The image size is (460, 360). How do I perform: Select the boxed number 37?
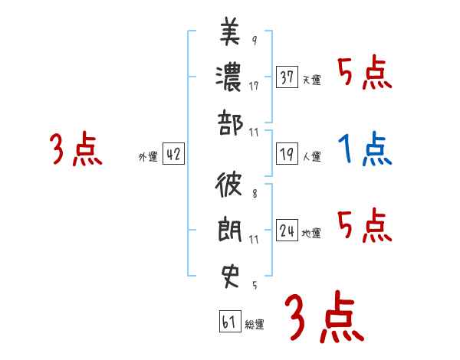(x=287, y=77)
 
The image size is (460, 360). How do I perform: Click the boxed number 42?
(x=173, y=155)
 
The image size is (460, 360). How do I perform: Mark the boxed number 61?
(x=229, y=322)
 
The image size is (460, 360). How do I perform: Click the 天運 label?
(x=312, y=80)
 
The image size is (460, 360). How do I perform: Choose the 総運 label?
(x=255, y=324)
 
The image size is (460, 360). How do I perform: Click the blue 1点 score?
(x=365, y=150)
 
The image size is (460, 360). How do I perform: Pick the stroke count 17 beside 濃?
(x=254, y=87)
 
